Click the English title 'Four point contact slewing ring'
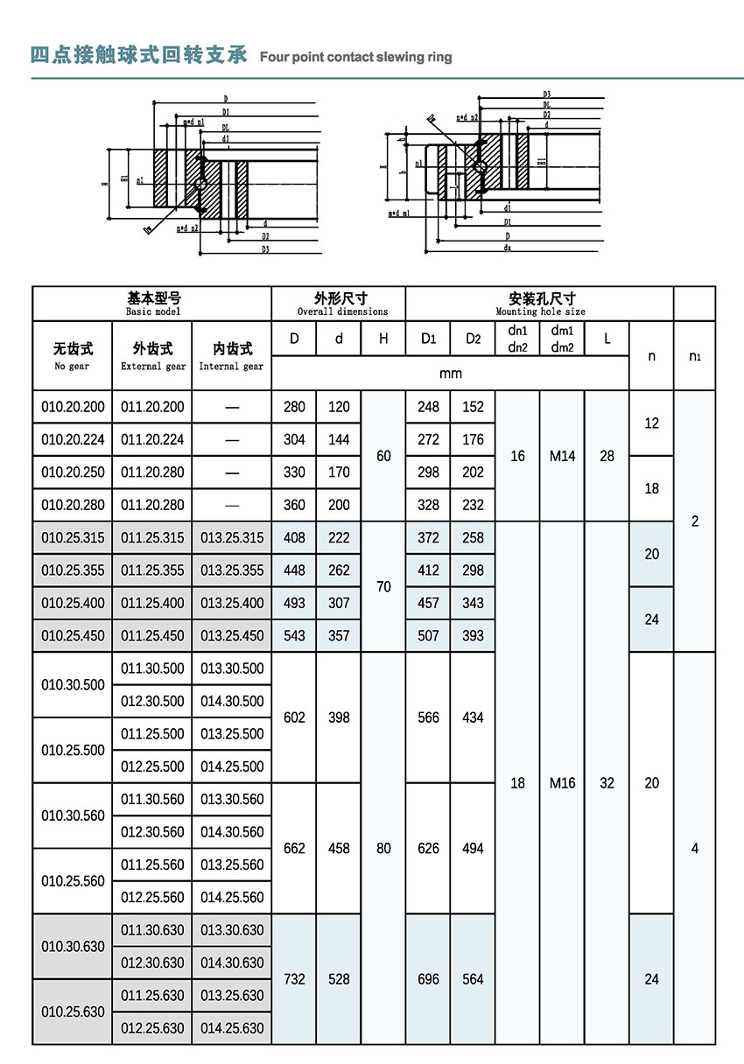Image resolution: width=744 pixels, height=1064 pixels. [x=356, y=57]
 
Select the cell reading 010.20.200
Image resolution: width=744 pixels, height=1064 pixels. [x=73, y=407]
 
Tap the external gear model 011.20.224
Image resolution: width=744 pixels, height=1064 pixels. [x=152, y=439]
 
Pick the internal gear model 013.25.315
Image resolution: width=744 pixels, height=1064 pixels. [x=232, y=537]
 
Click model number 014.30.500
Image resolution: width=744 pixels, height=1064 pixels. [x=232, y=701]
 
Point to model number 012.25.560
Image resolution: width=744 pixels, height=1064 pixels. [x=152, y=897]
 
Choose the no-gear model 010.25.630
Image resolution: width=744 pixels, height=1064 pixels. [x=73, y=1011]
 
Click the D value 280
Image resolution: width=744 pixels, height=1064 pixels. [x=295, y=407]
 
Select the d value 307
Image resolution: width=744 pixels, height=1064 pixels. [x=339, y=603]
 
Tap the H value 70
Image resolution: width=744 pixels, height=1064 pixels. [x=383, y=586]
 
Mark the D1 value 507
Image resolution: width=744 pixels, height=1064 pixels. [x=429, y=635]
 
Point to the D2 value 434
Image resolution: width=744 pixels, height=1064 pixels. [x=473, y=717]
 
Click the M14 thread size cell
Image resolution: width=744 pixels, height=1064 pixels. [x=563, y=456]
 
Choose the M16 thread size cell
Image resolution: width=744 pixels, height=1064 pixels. [x=563, y=783]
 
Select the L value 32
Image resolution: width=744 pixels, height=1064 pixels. [x=607, y=783]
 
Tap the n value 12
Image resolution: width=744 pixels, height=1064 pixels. [x=652, y=423]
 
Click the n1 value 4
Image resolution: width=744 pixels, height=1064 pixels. [x=695, y=848]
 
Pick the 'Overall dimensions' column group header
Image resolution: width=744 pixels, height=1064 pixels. [x=339, y=304]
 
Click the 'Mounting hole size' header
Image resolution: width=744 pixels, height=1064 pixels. [x=540, y=304]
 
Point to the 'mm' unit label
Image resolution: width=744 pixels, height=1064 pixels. [x=451, y=374]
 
